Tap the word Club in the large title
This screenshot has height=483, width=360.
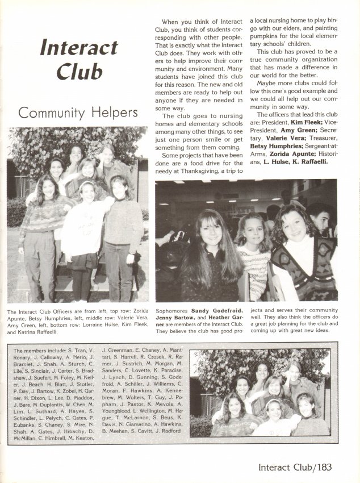tap(72, 72)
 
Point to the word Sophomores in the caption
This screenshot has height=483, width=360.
tap(171, 310)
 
